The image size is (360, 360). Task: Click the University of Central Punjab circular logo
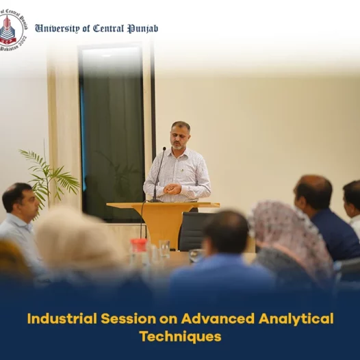pos(12,30)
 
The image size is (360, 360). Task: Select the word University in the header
pos(57,29)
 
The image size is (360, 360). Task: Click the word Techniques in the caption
pos(181,337)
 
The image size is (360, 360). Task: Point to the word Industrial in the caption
pos(62,319)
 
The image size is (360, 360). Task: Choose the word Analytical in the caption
pos(296,320)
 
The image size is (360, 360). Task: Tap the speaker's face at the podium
pos(179,137)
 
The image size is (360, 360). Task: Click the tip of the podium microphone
pos(164,149)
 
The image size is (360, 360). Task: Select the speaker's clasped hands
pos(172,189)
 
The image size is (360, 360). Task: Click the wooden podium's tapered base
pos(164,227)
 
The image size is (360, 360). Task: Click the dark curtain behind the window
pos(112,142)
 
